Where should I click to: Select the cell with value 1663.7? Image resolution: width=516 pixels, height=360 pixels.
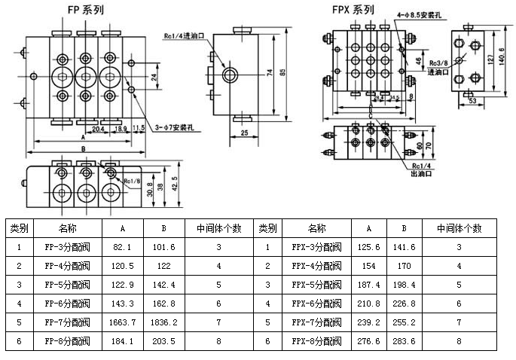(122, 322)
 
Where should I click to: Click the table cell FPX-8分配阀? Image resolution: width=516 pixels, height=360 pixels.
(316, 340)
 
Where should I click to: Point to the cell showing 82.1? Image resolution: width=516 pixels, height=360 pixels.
(122, 246)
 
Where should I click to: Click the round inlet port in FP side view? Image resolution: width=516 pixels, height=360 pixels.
(231, 76)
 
